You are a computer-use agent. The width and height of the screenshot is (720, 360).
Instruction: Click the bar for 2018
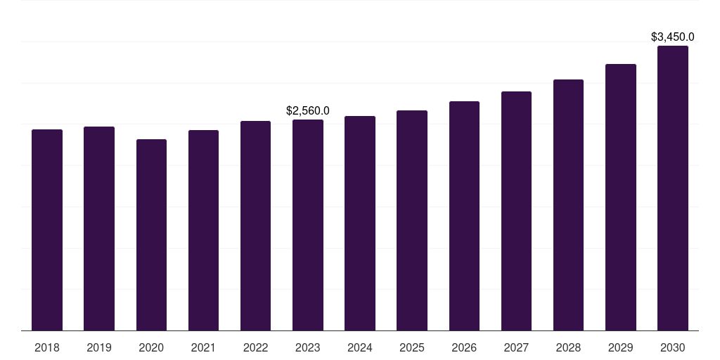pyautogui.click(x=47, y=230)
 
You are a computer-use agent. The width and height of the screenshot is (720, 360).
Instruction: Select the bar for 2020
pyautogui.click(x=151, y=235)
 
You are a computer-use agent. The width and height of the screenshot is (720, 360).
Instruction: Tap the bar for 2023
pyautogui.click(x=308, y=225)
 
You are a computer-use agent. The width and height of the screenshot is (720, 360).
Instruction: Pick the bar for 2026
pyautogui.click(x=464, y=216)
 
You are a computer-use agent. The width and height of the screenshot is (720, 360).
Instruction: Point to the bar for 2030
pyautogui.click(x=673, y=188)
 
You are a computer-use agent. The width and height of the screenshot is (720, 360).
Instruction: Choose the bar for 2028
pyautogui.click(x=568, y=205)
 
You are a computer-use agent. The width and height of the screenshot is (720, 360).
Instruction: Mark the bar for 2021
pyautogui.click(x=203, y=230)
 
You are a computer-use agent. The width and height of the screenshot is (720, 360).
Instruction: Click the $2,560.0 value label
pyautogui.click(x=308, y=110)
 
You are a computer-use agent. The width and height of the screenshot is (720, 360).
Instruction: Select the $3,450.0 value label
pyautogui.click(x=673, y=37)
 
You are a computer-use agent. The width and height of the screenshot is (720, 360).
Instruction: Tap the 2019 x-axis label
pyautogui.click(x=99, y=347)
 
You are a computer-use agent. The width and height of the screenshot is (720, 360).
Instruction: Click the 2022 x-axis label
pyautogui.click(x=255, y=347)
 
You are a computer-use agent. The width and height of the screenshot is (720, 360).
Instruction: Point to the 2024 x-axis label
pyautogui.click(x=360, y=347)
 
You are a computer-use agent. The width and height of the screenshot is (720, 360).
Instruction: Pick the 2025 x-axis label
pyautogui.click(x=412, y=347)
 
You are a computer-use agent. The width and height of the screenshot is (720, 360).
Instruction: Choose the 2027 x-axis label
pyautogui.click(x=516, y=347)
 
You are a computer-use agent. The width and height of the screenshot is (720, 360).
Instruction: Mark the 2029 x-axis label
pyautogui.click(x=621, y=347)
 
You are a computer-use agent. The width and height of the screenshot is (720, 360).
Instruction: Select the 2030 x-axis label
pyautogui.click(x=673, y=347)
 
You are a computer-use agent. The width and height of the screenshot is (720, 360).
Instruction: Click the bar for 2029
pyautogui.click(x=621, y=197)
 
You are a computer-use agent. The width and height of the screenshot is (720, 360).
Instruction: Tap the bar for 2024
pyautogui.click(x=360, y=223)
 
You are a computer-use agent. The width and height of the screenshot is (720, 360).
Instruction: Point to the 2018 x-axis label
pyautogui.click(x=47, y=347)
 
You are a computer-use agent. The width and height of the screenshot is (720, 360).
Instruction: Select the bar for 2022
pyautogui.click(x=255, y=226)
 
